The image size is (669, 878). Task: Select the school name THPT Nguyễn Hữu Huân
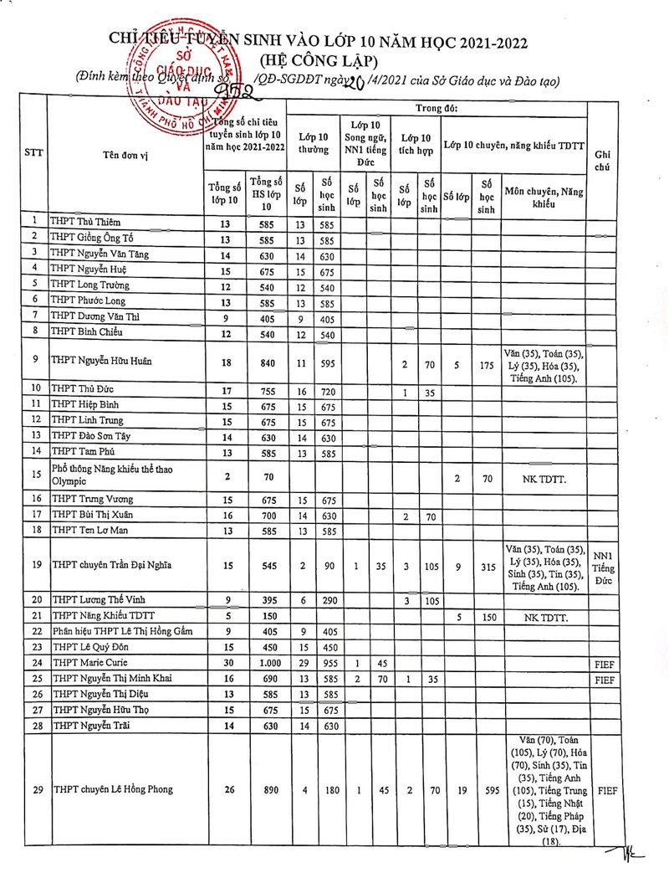click(x=103, y=362)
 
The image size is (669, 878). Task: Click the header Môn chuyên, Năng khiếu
click(x=544, y=198)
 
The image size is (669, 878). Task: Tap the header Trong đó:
click(x=436, y=108)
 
